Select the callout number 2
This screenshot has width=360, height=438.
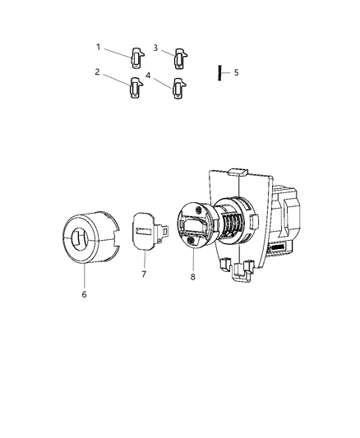tap(97, 71)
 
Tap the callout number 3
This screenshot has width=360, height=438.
tap(155, 48)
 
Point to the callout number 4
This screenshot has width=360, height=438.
tap(148, 75)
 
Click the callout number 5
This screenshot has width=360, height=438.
tap(236, 72)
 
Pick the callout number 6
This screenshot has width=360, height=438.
tap(83, 293)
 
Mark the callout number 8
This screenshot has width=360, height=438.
tap(192, 277)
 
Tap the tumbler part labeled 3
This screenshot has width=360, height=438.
tap(179, 58)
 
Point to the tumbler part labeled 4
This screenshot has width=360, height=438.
tap(178, 86)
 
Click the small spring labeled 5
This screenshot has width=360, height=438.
tap(220, 71)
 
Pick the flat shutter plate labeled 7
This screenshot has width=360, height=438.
tap(147, 237)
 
